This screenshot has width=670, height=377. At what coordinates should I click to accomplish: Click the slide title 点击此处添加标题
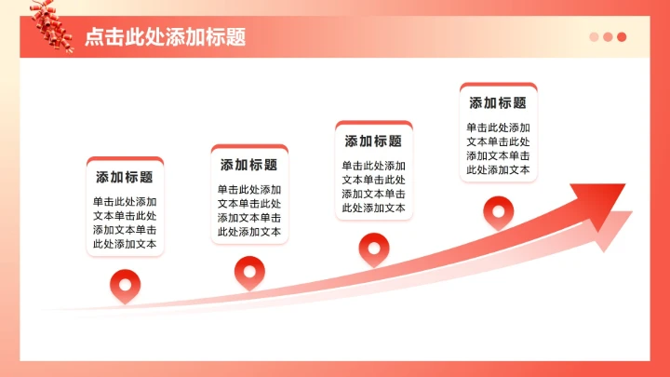click(x=165, y=37)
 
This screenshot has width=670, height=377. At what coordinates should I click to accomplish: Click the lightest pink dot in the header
click(x=594, y=37)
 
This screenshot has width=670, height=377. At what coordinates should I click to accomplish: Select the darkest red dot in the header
click(x=622, y=37)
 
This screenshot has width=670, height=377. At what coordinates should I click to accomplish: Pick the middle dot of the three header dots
click(x=608, y=37)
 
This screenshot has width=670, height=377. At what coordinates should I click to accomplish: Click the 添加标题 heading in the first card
click(x=125, y=177)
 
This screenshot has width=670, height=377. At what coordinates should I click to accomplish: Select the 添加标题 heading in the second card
click(x=249, y=165)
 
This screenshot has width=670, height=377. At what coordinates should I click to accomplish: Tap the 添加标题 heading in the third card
click(x=374, y=141)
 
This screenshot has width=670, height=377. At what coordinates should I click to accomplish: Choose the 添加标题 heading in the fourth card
click(x=498, y=103)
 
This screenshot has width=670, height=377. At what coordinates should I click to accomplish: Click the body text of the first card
click(x=125, y=222)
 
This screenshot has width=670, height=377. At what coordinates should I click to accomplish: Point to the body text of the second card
click(x=249, y=210)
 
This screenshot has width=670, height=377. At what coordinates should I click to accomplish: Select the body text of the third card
click(x=374, y=187)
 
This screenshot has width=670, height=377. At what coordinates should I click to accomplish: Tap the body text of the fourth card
click(x=498, y=149)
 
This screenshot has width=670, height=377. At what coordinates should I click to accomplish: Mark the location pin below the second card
click(x=249, y=270)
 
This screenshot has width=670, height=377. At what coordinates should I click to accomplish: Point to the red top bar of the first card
click(x=125, y=159)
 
